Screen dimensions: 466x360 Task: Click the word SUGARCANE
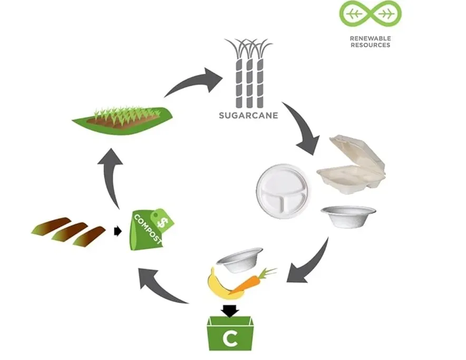tap(248, 115)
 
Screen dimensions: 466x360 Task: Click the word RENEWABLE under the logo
tap(370, 38)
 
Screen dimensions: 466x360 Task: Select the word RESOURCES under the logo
tap(370, 45)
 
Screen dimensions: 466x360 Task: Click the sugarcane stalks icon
tap(248, 73)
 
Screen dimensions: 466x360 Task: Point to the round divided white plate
tap(283, 191)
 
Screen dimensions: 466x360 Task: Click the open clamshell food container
tap(352, 164)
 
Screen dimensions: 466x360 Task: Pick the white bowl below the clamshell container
tap(348, 217)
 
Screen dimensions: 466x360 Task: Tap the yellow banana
tap(225, 285)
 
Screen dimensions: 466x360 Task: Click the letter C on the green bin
tap(230, 338)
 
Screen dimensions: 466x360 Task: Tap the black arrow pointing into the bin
tap(230, 311)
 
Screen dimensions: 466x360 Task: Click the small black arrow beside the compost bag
tap(118, 231)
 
